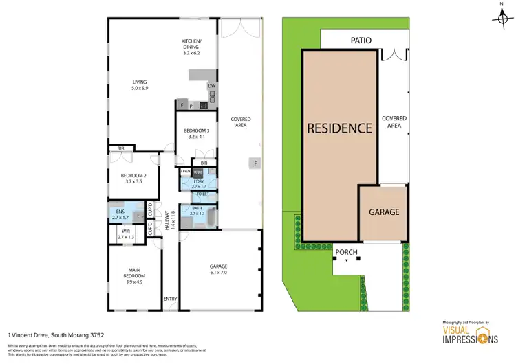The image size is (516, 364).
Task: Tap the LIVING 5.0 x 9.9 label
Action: [x=140, y=85]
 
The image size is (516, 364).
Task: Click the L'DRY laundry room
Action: [x=198, y=183]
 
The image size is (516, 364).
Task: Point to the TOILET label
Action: [x=204, y=194]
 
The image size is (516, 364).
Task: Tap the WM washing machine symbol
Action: [x=197, y=172]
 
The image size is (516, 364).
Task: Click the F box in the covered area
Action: [x=255, y=163]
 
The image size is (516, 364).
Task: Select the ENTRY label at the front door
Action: [x=169, y=298]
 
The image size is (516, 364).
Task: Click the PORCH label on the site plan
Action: [x=346, y=252]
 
